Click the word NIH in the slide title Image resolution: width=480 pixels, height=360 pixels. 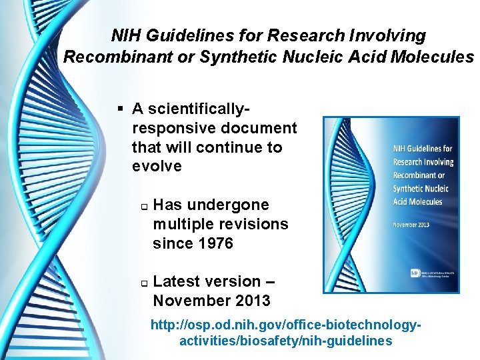[125, 35]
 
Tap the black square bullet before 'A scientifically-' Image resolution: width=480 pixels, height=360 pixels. [120, 109]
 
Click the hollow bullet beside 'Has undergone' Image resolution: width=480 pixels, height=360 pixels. [143, 205]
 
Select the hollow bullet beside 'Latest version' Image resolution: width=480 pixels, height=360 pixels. [143, 283]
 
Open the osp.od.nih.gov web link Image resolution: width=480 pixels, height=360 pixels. [286, 333]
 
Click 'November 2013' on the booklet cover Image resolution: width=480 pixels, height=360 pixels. [411, 225]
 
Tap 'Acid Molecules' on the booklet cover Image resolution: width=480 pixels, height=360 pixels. [417, 201]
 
